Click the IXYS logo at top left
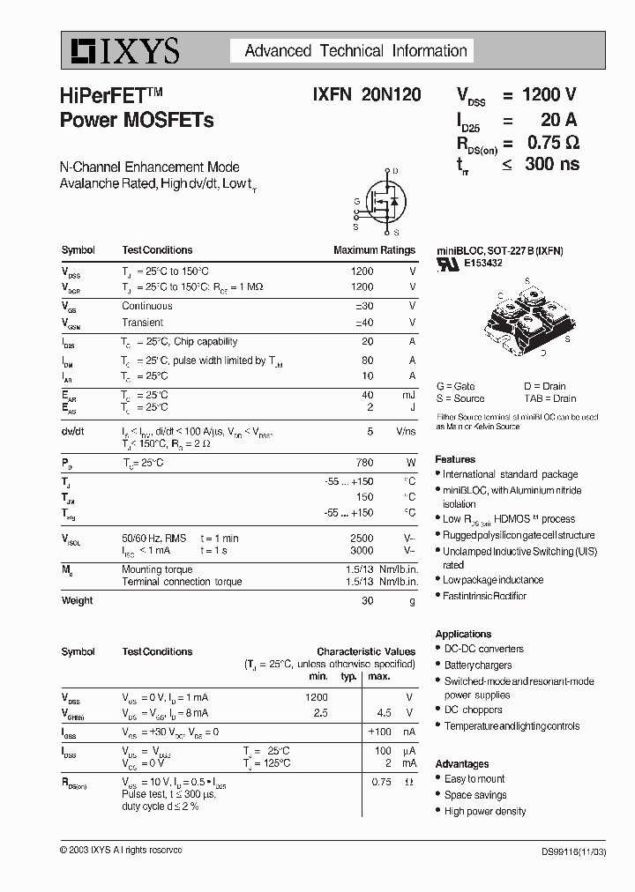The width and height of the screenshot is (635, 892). click(121, 51)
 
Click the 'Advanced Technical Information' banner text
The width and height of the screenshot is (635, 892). click(355, 51)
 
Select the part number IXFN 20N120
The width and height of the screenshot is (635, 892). click(366, 95)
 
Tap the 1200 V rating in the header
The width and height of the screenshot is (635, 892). click(549, 95)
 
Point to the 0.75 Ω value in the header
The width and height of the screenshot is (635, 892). click(553, 142)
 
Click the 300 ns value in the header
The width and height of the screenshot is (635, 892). click(551, 164)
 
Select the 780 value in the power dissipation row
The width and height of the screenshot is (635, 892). click(362, 463)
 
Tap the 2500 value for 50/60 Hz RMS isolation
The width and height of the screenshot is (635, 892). click(362, 538)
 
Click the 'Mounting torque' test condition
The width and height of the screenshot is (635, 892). click(157, 569)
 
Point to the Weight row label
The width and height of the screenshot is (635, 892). click(77, 600)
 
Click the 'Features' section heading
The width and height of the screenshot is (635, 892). click(455, 459)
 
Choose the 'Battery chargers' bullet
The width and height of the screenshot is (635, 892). click(477, 665)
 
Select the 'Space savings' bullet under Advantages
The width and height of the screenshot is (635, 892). click(474, 795)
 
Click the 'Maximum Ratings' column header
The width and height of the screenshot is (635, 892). click(374, 250)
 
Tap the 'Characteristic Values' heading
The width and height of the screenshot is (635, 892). click(365, 651)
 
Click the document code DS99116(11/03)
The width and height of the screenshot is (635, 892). click(572, 851)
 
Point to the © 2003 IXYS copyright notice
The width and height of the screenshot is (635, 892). click(121, 850)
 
